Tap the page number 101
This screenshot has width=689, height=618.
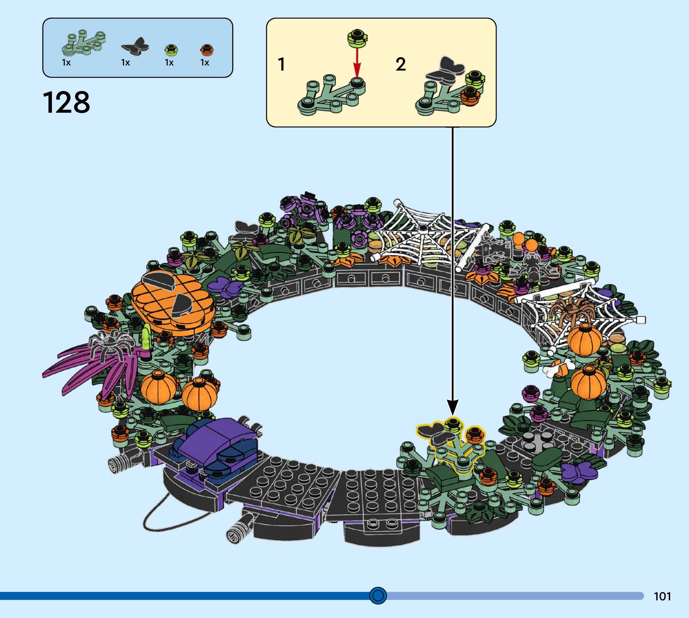pos(662,596)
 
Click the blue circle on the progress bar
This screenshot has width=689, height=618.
pos(378,595)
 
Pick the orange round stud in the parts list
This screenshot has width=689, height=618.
pos(206,50)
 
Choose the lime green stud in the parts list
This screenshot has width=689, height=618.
pos(171,50)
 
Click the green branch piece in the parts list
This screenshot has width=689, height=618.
pos(83,43)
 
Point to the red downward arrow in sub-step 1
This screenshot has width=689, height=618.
pos(357,63)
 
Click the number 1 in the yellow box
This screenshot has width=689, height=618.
pos(281,64)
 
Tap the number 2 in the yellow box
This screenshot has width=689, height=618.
pos(401,64)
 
